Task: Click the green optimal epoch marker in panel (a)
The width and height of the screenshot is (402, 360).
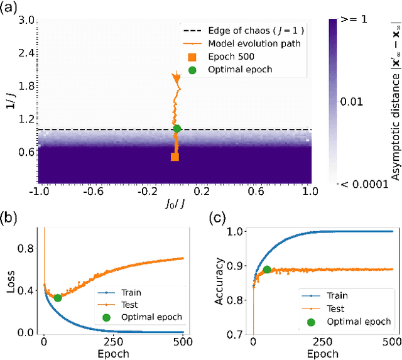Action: coord(177,129)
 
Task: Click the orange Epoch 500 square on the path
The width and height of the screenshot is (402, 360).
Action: coord(175,156)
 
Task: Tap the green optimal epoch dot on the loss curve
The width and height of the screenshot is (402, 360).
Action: coord(57,298)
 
